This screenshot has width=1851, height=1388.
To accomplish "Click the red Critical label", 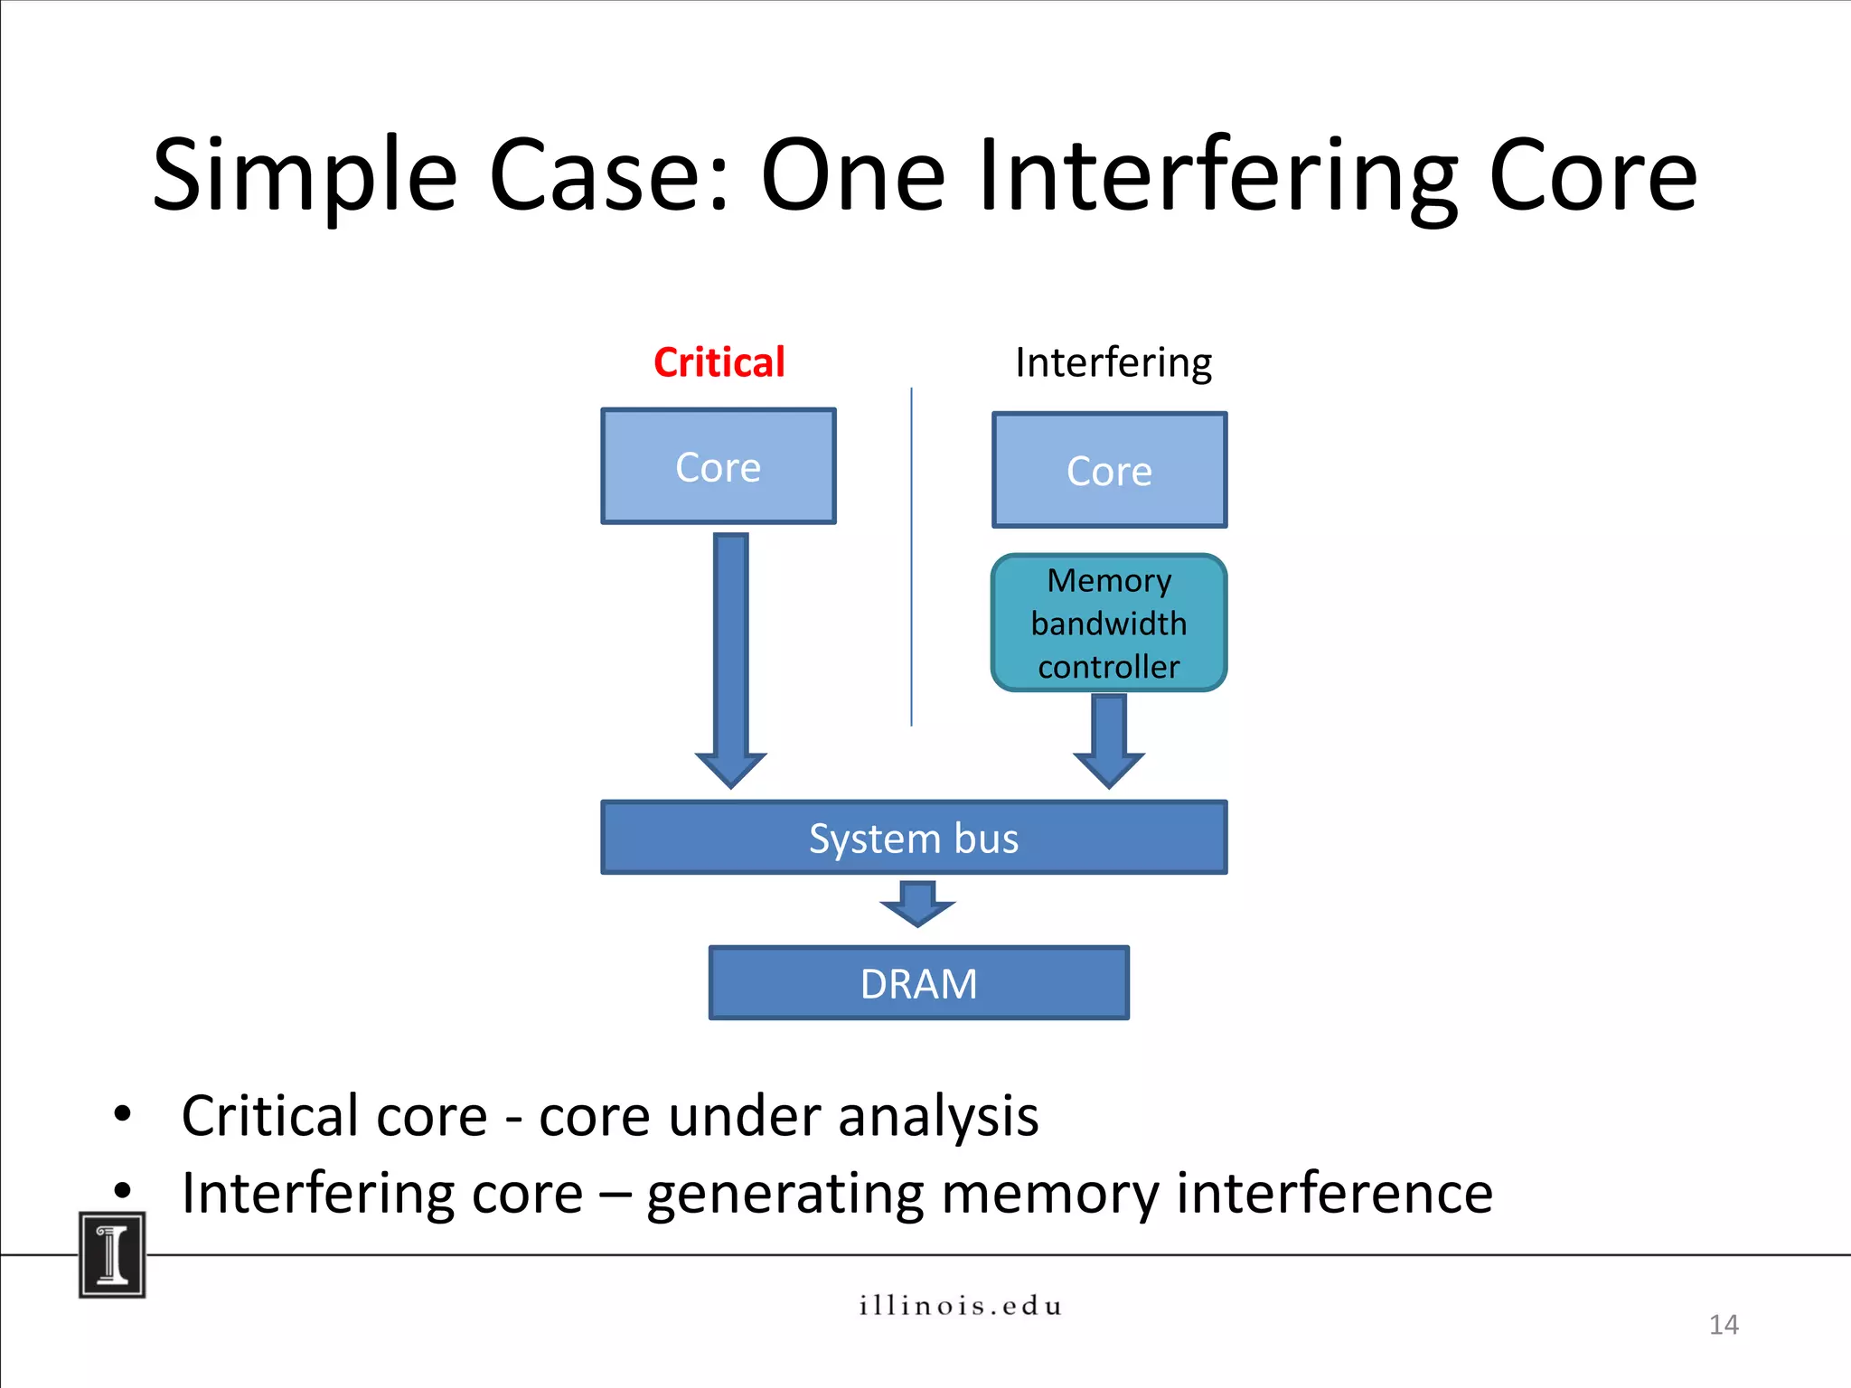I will pos(719,362).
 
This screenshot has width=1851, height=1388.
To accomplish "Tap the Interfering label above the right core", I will pos(1113,362).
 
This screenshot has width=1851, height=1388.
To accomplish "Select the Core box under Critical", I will pos(719,466).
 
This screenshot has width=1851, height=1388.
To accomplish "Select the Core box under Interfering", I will pos(1109,470).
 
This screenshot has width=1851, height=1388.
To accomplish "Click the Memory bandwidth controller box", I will pos(1109,624).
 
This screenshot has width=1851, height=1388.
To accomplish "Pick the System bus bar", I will pos(914,838).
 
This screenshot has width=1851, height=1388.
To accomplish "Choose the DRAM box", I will pos(918,983).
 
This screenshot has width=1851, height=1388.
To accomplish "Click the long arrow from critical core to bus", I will pos(730,651).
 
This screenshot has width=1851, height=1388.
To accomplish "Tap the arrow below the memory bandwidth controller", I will pos(1109,736).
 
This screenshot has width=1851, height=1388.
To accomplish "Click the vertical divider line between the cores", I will pos(911,556).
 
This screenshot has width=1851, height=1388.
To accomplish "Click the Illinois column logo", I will pos(112,1255).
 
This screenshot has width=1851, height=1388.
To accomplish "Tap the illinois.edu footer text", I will pos(960,1306).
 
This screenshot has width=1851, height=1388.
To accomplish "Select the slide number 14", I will pos(1724,1325).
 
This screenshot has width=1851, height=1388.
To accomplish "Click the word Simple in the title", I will pos(305,176).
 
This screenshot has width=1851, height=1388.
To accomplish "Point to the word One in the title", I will pos(852,176).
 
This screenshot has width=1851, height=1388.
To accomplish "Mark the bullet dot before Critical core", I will pos(122,1113).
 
